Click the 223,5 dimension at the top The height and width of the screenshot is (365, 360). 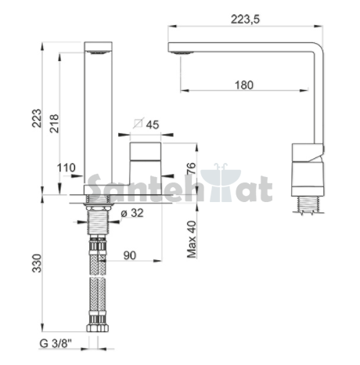(245, 20)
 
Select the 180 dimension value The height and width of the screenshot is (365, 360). (244, 85)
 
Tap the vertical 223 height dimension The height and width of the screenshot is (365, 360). (37, 118)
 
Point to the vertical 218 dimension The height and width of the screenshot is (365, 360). (54, 124)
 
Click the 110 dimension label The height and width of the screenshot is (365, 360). (67, 168)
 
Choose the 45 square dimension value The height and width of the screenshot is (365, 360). (153, 125)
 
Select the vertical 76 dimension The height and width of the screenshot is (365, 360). (191, 168)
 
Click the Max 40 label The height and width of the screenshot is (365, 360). (192, 240)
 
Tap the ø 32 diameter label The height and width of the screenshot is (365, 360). (132, 213)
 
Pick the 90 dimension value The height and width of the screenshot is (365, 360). (130, 255)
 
